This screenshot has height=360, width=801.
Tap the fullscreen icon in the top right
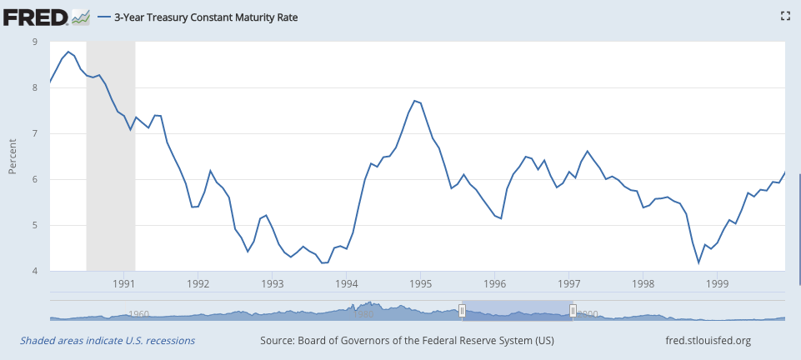(783, 16)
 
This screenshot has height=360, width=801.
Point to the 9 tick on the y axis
(34, 42)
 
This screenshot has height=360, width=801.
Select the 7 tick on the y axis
(34, 133)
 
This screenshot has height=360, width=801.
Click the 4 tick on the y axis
(34, 271)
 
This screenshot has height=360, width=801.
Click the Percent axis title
(13, 157)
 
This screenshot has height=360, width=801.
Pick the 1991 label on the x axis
(123, 283)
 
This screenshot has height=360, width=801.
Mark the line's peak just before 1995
(414, 100)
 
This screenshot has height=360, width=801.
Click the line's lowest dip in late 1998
(699, 262)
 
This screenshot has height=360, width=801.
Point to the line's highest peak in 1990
(69, 52)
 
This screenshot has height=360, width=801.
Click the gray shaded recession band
(111, 167)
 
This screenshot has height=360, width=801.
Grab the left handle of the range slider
(462, 311)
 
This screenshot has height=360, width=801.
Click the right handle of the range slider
(573, 311)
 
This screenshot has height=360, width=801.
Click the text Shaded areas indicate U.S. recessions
(108, 341)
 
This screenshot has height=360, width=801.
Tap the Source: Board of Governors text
(407, 341)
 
